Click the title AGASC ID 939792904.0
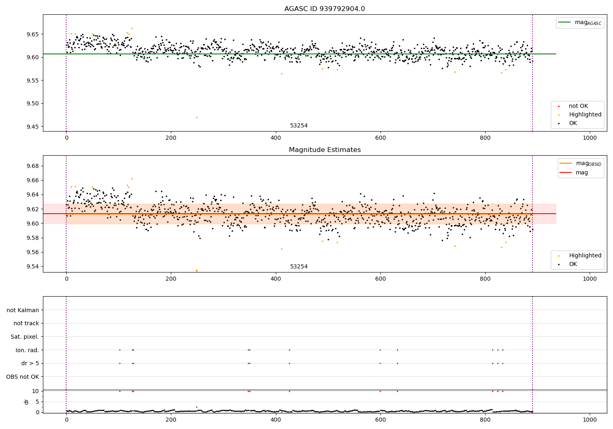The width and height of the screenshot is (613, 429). coord(324,9)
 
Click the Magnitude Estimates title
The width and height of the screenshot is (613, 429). coord(324,150)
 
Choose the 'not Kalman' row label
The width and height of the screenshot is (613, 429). coord(23,310)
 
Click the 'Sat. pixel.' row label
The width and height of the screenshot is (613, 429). coord(25,337)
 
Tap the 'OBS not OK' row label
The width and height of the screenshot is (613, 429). coord(22,376)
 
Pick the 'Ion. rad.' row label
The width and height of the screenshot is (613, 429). coord(27,350)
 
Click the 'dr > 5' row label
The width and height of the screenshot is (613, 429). coord(30,363)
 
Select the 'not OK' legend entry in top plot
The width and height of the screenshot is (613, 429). coord(578,106)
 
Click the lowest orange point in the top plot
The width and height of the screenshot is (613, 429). coord(197,118)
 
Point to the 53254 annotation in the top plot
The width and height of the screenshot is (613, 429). coord(299,125)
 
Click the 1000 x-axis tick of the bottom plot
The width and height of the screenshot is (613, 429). coord(590,419)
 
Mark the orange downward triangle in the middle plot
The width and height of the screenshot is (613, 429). coord(197,271)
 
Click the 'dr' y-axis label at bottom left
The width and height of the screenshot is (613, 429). coord(27,402)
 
